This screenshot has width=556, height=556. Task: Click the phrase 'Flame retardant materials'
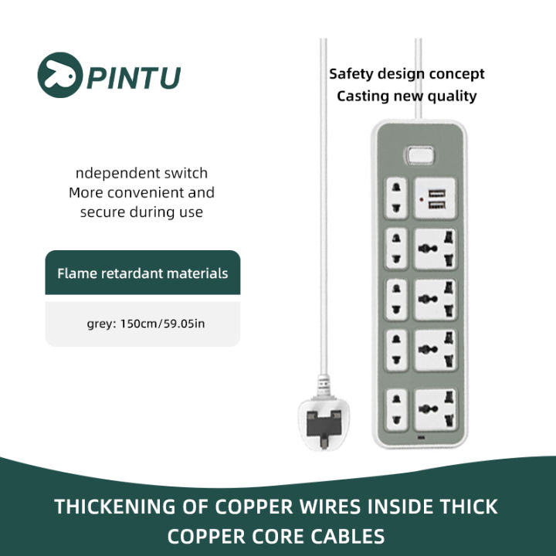142,273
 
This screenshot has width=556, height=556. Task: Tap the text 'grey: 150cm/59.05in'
146,324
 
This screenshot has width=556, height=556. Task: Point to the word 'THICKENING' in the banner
113,507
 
